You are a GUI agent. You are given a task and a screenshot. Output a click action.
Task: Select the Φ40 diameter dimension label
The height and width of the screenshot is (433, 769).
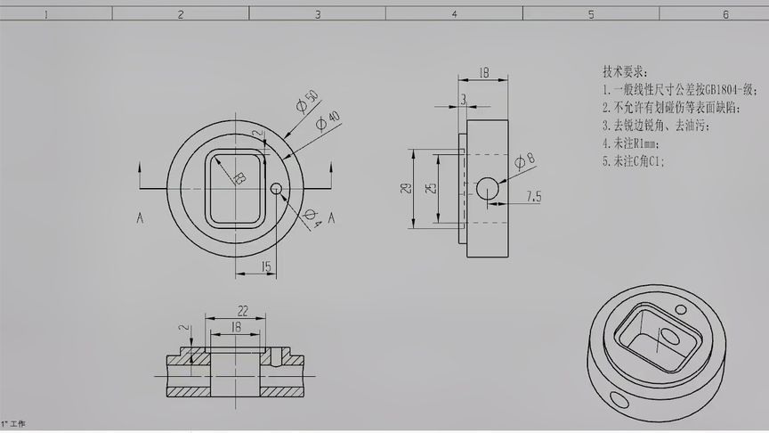click(328, 119)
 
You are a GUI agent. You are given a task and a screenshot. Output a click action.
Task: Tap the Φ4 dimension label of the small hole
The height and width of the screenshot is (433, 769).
click(312, 218)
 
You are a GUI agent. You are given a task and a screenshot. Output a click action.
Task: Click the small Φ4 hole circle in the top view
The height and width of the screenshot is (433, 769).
click(276, 188)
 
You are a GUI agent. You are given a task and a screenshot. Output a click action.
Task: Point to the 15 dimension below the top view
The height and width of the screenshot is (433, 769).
click(265, 266)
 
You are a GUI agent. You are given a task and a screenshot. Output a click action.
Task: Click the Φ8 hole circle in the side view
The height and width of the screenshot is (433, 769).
click(488, 188)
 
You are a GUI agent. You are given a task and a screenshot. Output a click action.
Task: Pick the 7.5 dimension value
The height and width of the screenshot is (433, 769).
click(534, 196)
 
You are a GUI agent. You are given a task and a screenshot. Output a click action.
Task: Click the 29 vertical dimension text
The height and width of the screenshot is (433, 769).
click(406, 189)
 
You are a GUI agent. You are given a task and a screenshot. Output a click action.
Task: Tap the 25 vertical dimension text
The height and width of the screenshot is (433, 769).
click(431, 189)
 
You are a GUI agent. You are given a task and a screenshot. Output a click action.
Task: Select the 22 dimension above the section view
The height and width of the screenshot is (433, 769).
click(242, 310)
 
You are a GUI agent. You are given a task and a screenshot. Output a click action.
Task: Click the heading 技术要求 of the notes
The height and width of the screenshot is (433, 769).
click(626, 71)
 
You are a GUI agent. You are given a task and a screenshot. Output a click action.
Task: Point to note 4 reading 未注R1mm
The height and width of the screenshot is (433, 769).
click(629, 143)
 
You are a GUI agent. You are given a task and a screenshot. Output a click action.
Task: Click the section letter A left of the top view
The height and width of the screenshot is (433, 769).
click(140, 217)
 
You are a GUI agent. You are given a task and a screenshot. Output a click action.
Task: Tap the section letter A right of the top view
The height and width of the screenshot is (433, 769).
click(331, 217)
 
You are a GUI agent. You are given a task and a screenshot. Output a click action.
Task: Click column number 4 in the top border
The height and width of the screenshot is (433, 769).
click(454, 14)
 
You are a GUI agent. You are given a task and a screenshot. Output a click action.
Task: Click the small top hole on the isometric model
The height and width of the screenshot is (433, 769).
click(682, 310)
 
